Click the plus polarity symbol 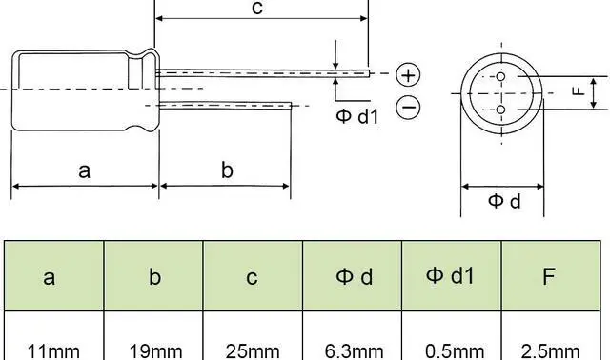coord(408,74)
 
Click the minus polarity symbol coord(408,107)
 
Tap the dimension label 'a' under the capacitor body coord(85,171)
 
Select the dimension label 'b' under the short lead coord(227,170)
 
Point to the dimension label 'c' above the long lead coord(257,9)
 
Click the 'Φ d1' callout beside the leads coord(357,116)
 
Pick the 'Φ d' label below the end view coord(504,201)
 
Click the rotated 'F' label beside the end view coord(579,91)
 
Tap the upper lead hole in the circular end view coord(501,76)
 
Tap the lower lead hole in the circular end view coord(501,110)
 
